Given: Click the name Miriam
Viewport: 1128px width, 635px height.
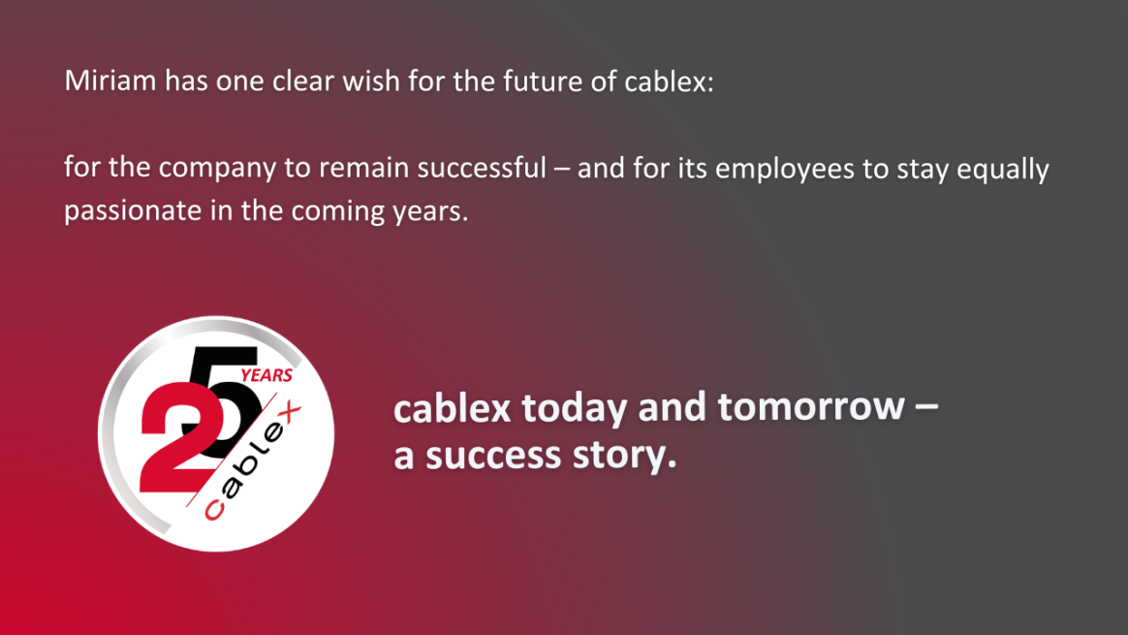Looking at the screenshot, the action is point(110,80).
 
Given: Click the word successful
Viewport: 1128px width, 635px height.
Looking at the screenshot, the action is point(482,168).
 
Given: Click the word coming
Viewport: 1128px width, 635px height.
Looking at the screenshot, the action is point(337,212).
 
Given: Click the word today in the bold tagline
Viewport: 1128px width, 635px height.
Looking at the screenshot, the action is point(575,408).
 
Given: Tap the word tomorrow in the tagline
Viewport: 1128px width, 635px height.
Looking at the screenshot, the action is point(811,407).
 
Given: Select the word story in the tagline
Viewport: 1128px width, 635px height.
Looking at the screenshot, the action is point(624,457).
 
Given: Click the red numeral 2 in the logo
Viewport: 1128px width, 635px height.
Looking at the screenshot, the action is point(177,438).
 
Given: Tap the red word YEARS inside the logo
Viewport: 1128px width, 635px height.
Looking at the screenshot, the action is point(266,375).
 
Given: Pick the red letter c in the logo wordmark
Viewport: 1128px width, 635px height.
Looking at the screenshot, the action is point(214,510).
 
